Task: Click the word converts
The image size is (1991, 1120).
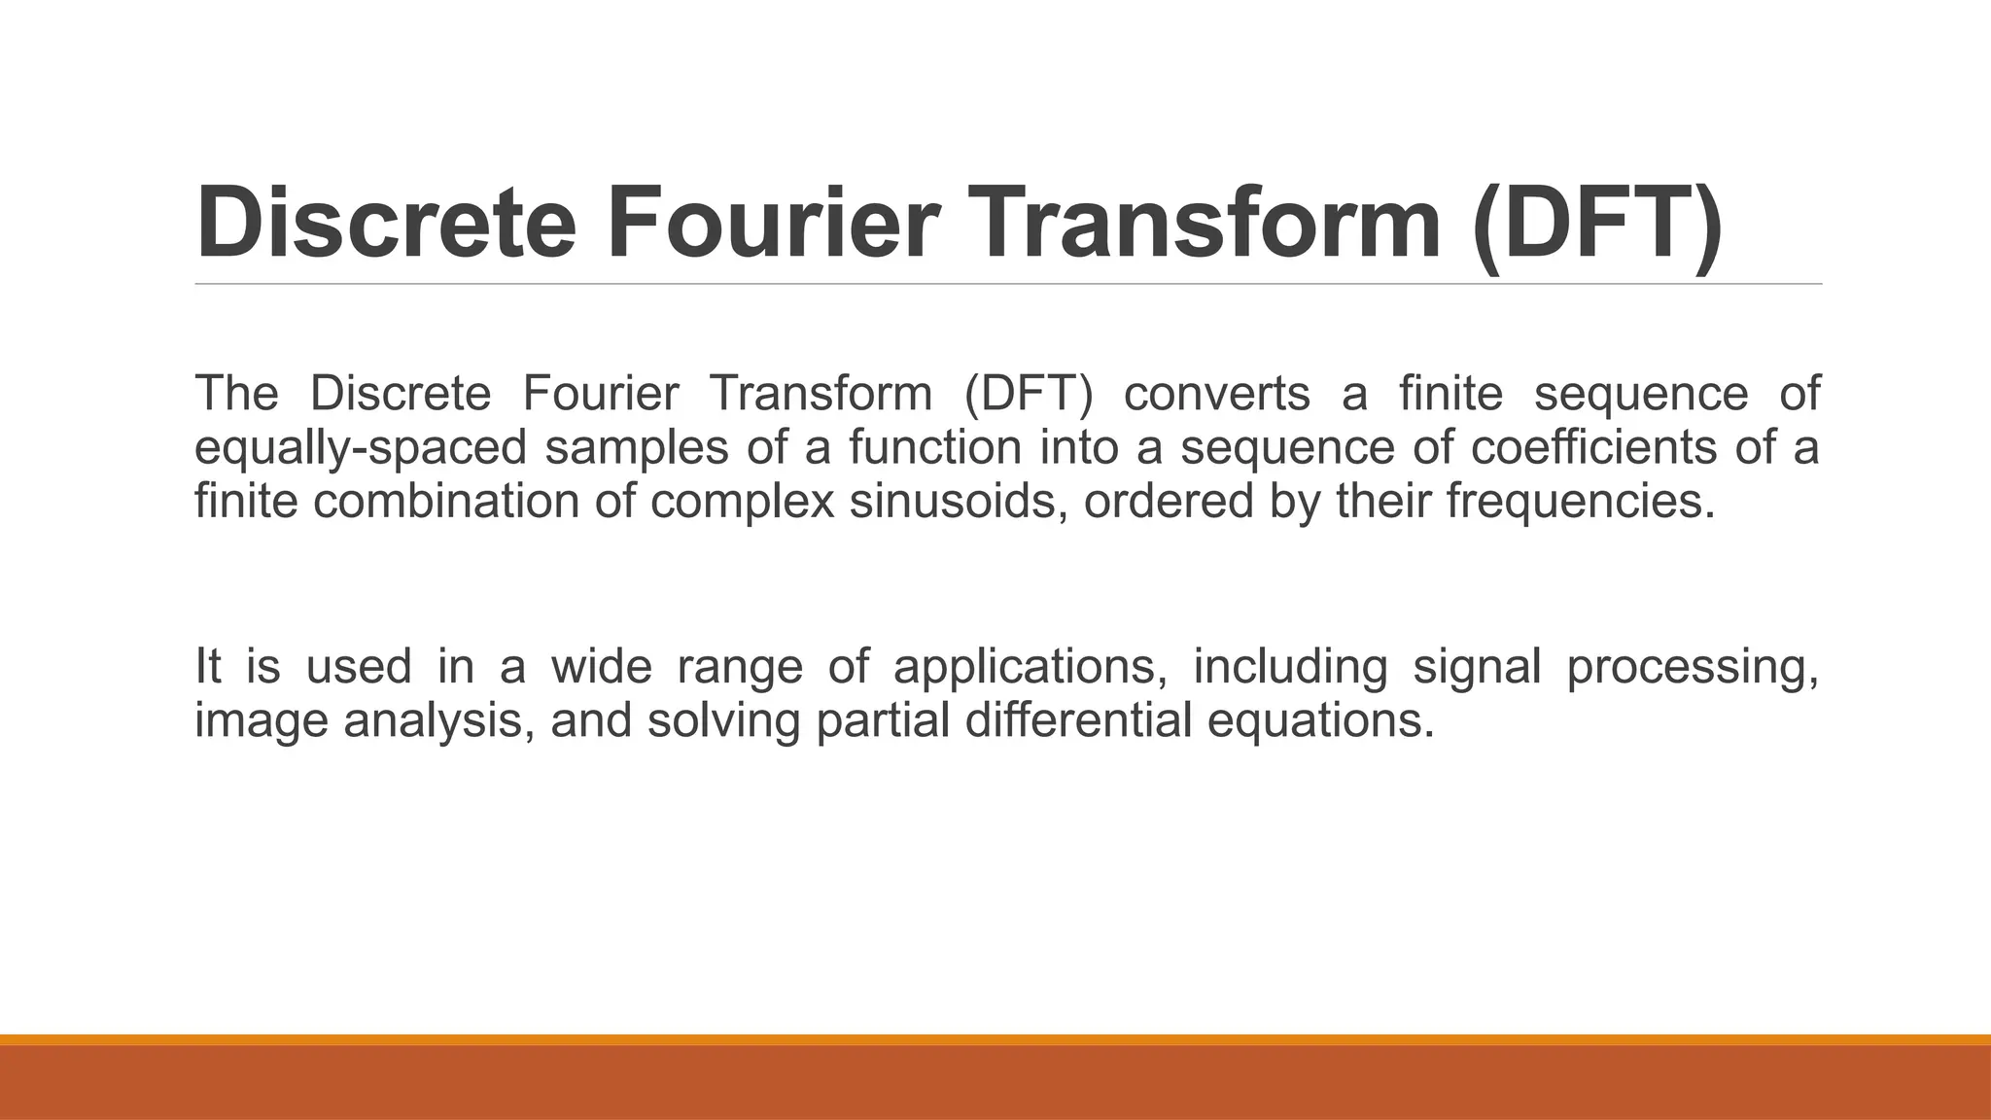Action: point(1216,394)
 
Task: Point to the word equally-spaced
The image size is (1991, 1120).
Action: point(361,448)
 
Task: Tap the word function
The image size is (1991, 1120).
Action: point(934,448)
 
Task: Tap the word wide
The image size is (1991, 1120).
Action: point(601,667)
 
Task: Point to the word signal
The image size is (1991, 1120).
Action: point(1477,667)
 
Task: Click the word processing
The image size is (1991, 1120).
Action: point(1693,667)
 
